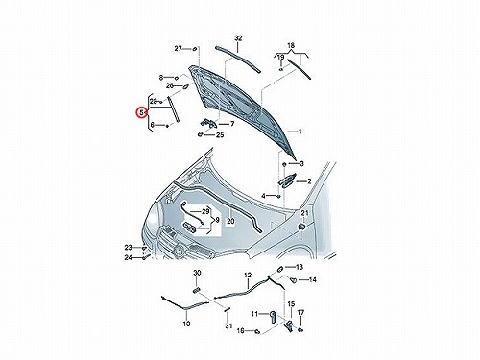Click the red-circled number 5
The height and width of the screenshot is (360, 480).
[x=140, y=112]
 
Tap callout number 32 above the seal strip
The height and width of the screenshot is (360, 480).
[x=238, y=38]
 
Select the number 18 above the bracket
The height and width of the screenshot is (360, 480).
[x=291, y=45]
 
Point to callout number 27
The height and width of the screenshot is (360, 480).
[x=179, y=49]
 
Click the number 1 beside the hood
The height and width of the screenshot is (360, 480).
[x=300, y=132]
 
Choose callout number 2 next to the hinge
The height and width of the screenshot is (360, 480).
[x=309, y=181]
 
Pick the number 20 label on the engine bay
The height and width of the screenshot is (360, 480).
[x=230, y=221]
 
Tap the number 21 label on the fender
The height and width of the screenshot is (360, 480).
[x=304, y=213]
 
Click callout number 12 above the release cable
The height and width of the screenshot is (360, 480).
[x=248, y=276]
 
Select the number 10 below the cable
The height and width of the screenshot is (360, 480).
[x=186, y=324]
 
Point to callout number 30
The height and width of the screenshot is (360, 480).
[x=197, y=273]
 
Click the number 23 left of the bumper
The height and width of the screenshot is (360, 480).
[x=129, y=248]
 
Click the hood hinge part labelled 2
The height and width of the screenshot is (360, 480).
[x=287, y=180]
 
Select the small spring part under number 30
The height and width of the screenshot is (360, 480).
[x=197, y=290]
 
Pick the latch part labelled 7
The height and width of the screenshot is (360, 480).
[x=208, y=123]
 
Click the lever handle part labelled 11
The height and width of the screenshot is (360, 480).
[x=273, y=317]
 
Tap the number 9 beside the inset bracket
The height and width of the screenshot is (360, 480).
[x=217, y=220]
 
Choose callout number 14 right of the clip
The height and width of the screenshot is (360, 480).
[x=313, y=280]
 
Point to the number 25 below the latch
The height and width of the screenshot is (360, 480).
[x=220, y=134]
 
